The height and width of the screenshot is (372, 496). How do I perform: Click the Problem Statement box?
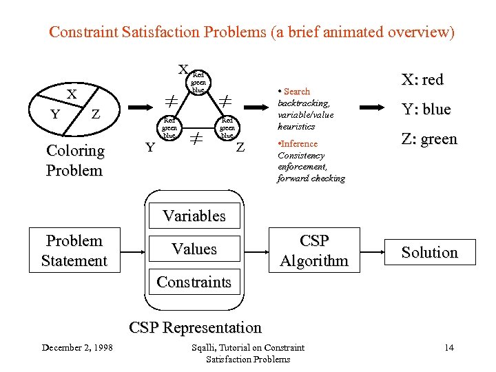[74, 251]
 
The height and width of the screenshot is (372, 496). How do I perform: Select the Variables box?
[194, 216]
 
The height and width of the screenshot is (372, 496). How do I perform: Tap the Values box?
[194, 249]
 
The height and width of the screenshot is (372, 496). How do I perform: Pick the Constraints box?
[194, 282]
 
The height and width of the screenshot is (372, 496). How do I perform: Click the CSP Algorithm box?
[314, 251]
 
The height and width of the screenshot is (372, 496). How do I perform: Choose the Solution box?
[429, 252]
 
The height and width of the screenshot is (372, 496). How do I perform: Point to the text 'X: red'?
[422, 79]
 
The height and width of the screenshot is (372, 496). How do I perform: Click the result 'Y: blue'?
[426, 109]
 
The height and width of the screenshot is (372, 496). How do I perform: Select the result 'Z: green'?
[429, 139]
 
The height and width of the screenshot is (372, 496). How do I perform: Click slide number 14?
[449, 347]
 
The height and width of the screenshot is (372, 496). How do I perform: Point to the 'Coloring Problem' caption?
[74, 160]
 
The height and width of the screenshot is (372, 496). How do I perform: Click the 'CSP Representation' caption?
[196, 327]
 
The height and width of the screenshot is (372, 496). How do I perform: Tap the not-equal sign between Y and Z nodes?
[196, 138]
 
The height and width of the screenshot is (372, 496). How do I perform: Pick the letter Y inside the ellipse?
[54, 114]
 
